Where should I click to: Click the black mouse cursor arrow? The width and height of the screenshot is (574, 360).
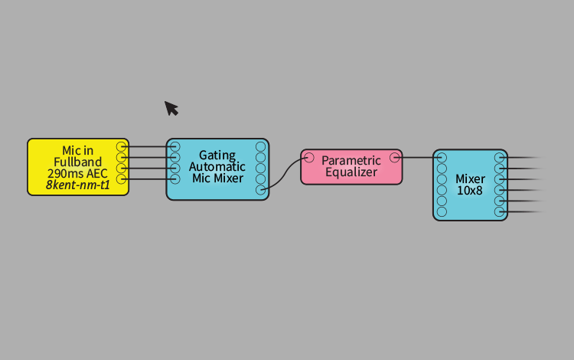point(171,109)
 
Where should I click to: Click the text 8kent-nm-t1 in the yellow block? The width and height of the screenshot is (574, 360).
point(77,185)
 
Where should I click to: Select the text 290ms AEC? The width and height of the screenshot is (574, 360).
point(77,173)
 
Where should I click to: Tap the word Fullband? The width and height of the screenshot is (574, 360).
point(77,162)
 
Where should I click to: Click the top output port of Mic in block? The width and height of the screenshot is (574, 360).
point(121,146)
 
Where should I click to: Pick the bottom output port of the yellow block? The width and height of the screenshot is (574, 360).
point(121,179)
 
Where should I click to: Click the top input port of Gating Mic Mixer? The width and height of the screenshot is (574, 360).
point(175,146)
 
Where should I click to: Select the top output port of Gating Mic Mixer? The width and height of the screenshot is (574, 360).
point(261,147)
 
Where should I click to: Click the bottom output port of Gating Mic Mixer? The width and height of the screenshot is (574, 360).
point(261,190)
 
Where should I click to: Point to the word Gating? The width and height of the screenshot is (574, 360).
point(217,155)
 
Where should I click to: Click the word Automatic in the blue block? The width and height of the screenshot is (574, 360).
point(217,167)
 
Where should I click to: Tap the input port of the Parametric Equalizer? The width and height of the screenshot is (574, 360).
point(309,158)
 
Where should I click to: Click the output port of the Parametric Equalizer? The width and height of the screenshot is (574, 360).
point(395,158)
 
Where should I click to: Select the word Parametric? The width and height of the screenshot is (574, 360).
point(351,160)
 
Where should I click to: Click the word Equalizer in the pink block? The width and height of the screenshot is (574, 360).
point(351,172)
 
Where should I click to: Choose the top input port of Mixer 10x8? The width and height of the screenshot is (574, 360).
point(442,158)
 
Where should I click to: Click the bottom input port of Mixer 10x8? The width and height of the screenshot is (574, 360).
point(442,211)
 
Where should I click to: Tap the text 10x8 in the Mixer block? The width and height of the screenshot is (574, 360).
point(470,191)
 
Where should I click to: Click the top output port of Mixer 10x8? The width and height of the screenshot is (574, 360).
point(499,158)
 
